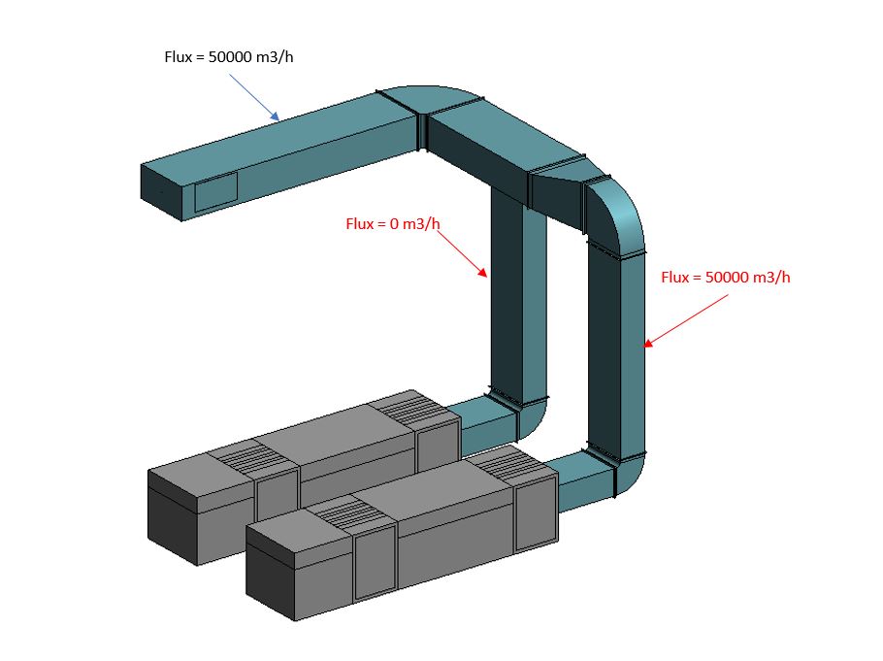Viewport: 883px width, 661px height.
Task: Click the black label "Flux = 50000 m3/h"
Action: click(x=228, y=56)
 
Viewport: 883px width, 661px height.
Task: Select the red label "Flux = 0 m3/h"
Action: click(x=393, y=224)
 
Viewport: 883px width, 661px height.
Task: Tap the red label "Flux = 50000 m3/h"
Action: click(x=726, y=277)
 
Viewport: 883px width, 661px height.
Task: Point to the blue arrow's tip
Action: click(x=278, y=119)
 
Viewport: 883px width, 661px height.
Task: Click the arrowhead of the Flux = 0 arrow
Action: click(x=485, y=277)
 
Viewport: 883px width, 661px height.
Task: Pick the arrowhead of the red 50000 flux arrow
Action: click(x=645, y=345)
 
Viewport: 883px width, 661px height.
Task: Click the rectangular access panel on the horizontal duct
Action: click(x=215, y=192)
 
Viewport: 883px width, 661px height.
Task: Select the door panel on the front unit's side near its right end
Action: click(x=534, y=514)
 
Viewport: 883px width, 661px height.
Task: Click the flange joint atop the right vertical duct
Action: click(x=615, y=254)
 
